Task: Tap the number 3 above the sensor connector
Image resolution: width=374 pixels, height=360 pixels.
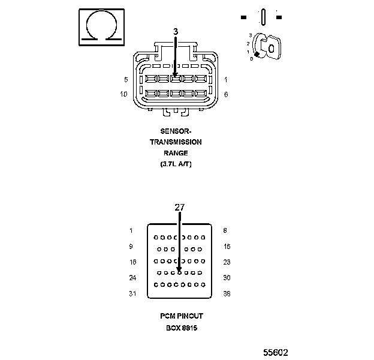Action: [176, 31]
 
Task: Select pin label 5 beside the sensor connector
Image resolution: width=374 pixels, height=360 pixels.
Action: [126, 79]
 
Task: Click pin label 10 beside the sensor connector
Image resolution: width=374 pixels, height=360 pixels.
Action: [124, 94]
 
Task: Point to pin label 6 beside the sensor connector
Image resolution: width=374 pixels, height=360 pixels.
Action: [225, 94]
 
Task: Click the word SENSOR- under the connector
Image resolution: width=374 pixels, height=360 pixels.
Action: [176, 131]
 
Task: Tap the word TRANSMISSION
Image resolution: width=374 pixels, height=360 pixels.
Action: [176, 142]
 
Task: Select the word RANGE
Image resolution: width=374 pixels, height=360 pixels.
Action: [176, 153]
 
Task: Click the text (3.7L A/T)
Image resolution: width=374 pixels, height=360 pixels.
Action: [176, 164]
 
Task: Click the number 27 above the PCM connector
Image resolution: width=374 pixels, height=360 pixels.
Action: [180, 208]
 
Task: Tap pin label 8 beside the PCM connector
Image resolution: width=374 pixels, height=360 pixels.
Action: [225, 230]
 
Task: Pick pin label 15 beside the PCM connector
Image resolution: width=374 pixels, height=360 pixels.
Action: [227, 246]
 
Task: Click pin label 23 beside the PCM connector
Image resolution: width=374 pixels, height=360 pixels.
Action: [227, 262]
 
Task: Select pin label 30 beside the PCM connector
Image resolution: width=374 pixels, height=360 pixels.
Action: [227, 278]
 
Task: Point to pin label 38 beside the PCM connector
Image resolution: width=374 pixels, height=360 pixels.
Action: [227, 294]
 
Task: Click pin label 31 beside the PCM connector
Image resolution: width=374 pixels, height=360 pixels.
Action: [132, 294]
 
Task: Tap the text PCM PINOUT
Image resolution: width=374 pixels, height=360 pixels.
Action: [182, 316]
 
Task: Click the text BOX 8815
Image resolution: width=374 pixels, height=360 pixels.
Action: [182, 328]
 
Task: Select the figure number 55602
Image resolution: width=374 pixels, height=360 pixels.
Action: [275, 353]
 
